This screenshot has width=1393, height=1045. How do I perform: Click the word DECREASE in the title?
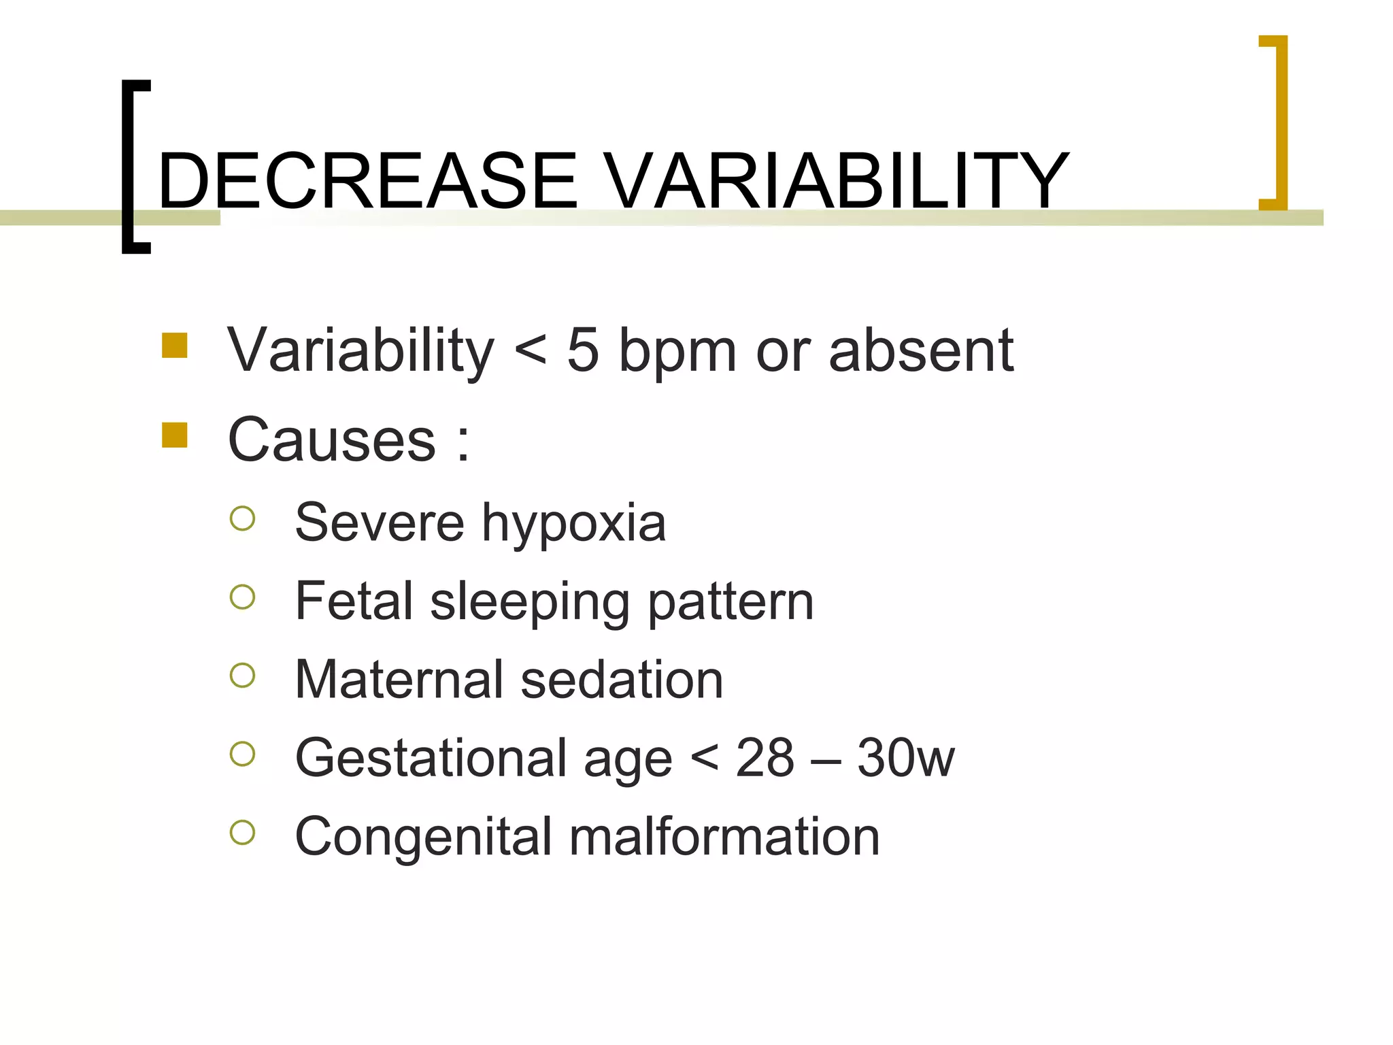click(367, 181)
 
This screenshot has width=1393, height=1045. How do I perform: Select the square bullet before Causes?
click(175, 435)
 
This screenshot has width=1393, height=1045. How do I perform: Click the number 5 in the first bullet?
click(583, 351)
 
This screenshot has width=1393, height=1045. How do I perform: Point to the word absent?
click(921, 351)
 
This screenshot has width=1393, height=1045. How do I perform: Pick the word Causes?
click(332, 440)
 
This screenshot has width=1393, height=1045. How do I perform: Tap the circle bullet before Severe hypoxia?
click(242, 518)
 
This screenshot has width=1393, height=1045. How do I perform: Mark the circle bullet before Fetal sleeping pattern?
click(242, 597)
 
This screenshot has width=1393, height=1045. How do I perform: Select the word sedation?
click(622, 680)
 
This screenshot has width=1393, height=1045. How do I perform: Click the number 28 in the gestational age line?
click(765, 758)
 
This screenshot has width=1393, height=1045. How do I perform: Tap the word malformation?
click(724, 837)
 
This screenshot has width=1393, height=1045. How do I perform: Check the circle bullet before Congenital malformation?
click(242, 832)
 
